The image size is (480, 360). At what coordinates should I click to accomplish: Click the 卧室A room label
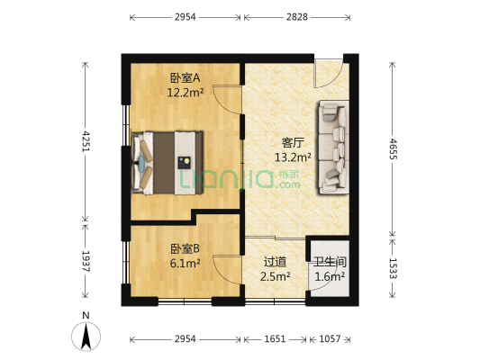[186, 78]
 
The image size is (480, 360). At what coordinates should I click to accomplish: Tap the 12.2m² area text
[186, 92]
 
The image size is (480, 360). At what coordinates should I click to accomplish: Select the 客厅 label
[293, 143]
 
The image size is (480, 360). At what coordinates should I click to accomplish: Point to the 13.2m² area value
[293, 157]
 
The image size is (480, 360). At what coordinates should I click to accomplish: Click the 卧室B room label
[185, 248]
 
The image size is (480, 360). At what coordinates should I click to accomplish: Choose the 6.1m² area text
[185, 263]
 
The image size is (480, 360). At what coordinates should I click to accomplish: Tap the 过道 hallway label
[275, 262]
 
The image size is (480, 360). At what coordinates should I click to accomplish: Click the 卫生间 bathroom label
[330, 262]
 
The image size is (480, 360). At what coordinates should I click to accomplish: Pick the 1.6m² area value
[330, 276]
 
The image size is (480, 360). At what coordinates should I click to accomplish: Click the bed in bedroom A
[168, 163]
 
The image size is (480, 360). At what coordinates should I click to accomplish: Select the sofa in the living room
[333, 147]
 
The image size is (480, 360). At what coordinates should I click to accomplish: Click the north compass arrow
[86, 337]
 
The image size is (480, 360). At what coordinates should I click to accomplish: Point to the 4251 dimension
[86, 141]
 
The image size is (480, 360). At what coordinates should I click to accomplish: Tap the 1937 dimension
[86, 261]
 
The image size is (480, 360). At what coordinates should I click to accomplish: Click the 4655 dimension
[393, 149]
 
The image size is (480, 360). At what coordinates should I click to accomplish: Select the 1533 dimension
[393, 268]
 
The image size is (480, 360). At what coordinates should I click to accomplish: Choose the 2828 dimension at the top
[296, 17]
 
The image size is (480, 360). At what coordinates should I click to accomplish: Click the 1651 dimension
[275, 339]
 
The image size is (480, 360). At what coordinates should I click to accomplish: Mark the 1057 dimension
[330, 339]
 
